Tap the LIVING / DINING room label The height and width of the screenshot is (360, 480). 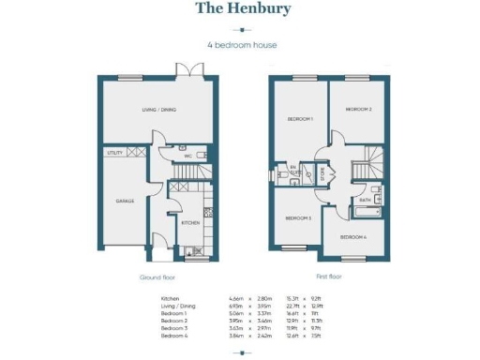[159, 111]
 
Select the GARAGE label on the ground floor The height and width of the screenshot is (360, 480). [125, 201]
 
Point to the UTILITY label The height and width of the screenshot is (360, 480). [115, 151]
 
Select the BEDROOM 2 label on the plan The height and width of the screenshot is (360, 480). [359, 110]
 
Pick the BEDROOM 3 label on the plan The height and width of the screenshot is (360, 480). [297, 217]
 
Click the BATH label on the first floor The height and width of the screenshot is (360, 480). [364, 200]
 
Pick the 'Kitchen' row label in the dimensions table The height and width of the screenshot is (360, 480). [171, 296]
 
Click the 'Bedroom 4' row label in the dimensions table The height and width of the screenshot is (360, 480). [175, 333]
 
